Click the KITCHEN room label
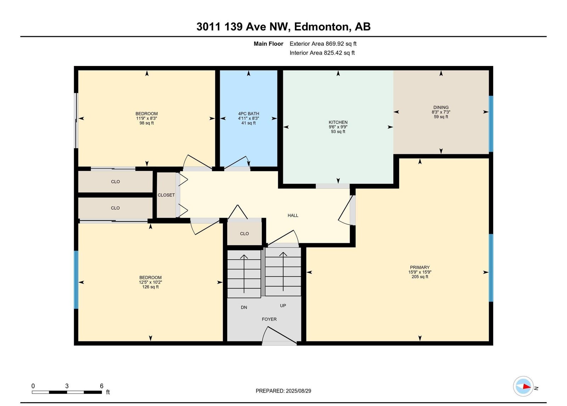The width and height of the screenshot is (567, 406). tap(338, 122)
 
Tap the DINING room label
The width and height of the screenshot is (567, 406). tap(441, 107)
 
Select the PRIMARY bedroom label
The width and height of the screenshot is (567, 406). tap(420, 267)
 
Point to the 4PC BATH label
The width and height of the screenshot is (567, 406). tap(248, 114)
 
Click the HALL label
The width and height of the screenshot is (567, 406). tap(293, 215)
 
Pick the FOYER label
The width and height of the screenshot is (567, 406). tap(269, 319)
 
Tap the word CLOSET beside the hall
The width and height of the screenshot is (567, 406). tap(166, 195)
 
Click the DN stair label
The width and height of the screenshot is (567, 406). tap(244, 307)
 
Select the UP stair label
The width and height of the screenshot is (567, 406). tap(283, 305)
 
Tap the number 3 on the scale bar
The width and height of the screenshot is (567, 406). tap(67, 386)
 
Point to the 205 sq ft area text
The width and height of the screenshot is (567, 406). tap(420, 277)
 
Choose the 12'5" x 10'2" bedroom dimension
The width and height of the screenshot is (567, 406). tap(150, 282)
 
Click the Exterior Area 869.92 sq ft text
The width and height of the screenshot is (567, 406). tap(323, 44)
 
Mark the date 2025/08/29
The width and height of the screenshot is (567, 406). tap(298, 391)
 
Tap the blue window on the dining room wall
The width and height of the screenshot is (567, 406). tap(491, 124)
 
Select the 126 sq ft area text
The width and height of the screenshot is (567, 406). tap(150, 287)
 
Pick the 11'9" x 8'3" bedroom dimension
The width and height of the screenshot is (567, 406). tap(147, 118)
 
